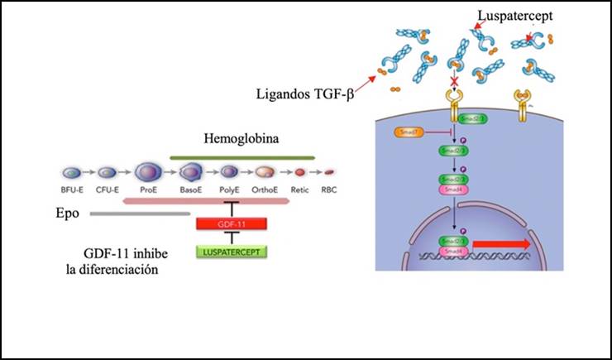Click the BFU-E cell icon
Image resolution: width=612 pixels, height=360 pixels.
pos(73,172)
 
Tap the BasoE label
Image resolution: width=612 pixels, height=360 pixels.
pos(190,190)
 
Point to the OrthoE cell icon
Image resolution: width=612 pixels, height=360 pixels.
pos(265,172)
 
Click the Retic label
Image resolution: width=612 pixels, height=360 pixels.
pos(300,190)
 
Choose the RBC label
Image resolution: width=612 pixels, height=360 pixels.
pos(330,190)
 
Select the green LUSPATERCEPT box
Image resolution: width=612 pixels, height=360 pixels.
pos(230,249)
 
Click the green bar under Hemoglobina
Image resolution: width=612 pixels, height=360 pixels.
pos(241,156)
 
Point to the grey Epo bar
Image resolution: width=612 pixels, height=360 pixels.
pos(140,213)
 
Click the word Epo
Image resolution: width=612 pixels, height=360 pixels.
pos(69,213)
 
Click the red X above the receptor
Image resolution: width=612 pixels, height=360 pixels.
pos(453,84)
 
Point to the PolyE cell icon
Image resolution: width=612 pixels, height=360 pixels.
pos(229,172)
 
